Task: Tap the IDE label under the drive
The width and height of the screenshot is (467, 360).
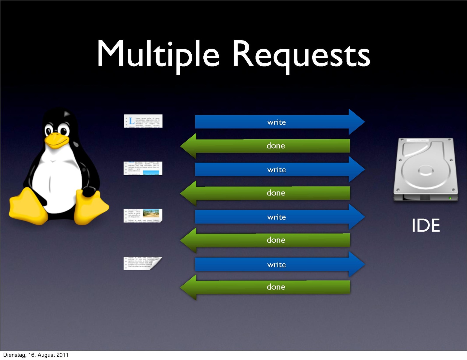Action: point(426,225)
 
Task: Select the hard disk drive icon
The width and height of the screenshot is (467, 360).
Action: point(426,170)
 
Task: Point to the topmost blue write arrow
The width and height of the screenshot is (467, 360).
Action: point(277,122)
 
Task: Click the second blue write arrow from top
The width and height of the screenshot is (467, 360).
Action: point(277,170)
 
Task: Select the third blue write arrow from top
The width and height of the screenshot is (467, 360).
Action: point(277,217)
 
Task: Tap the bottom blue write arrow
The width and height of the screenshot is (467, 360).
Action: point(277,265)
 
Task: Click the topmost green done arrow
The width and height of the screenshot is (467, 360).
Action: point(276,146)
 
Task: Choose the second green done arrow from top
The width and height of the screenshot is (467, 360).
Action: point(276,193)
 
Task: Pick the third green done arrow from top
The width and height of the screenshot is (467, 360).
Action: point(276,240)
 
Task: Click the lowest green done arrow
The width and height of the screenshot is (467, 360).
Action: point(276,287)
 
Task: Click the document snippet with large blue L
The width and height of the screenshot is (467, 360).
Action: point(143,121)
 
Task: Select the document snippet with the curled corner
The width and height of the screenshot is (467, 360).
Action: point(143,263)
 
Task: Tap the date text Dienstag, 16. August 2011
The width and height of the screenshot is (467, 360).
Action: point(36,355)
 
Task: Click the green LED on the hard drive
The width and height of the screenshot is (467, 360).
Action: point(450,198)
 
